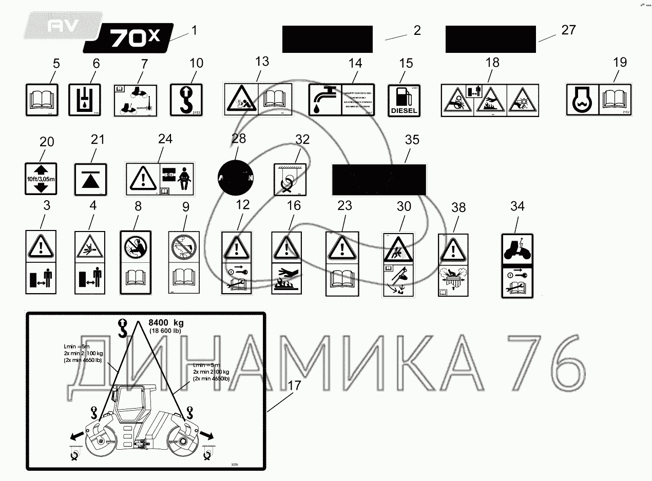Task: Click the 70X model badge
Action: (x=128, y=38)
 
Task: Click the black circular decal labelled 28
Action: (x=236, y=178)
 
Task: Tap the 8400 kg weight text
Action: (x=165, y=323)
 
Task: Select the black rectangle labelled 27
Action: (x=491, y=39)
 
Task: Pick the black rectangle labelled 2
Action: (x=327, y=39)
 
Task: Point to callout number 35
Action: (x=412, y=140)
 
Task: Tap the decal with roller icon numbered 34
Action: (x=517, y=265)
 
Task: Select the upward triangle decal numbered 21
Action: (x=90, y=179)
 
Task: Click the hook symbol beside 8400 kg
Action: (x=123, y=328)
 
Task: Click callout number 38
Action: (x=458, y=207)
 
